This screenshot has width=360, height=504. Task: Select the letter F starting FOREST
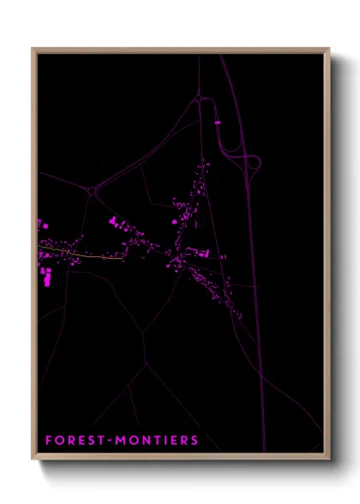pos(49,441)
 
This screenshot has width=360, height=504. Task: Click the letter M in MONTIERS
pos(116,441)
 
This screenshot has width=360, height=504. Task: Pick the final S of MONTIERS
pos(195,441)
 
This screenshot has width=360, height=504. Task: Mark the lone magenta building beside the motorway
pos(217,123)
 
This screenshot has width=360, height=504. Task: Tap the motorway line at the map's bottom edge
pos(263,447)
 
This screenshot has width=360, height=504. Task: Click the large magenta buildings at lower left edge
pos(45,275)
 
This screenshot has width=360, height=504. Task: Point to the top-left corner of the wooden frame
pos(33,50)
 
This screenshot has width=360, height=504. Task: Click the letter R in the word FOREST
pos(71,441)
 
